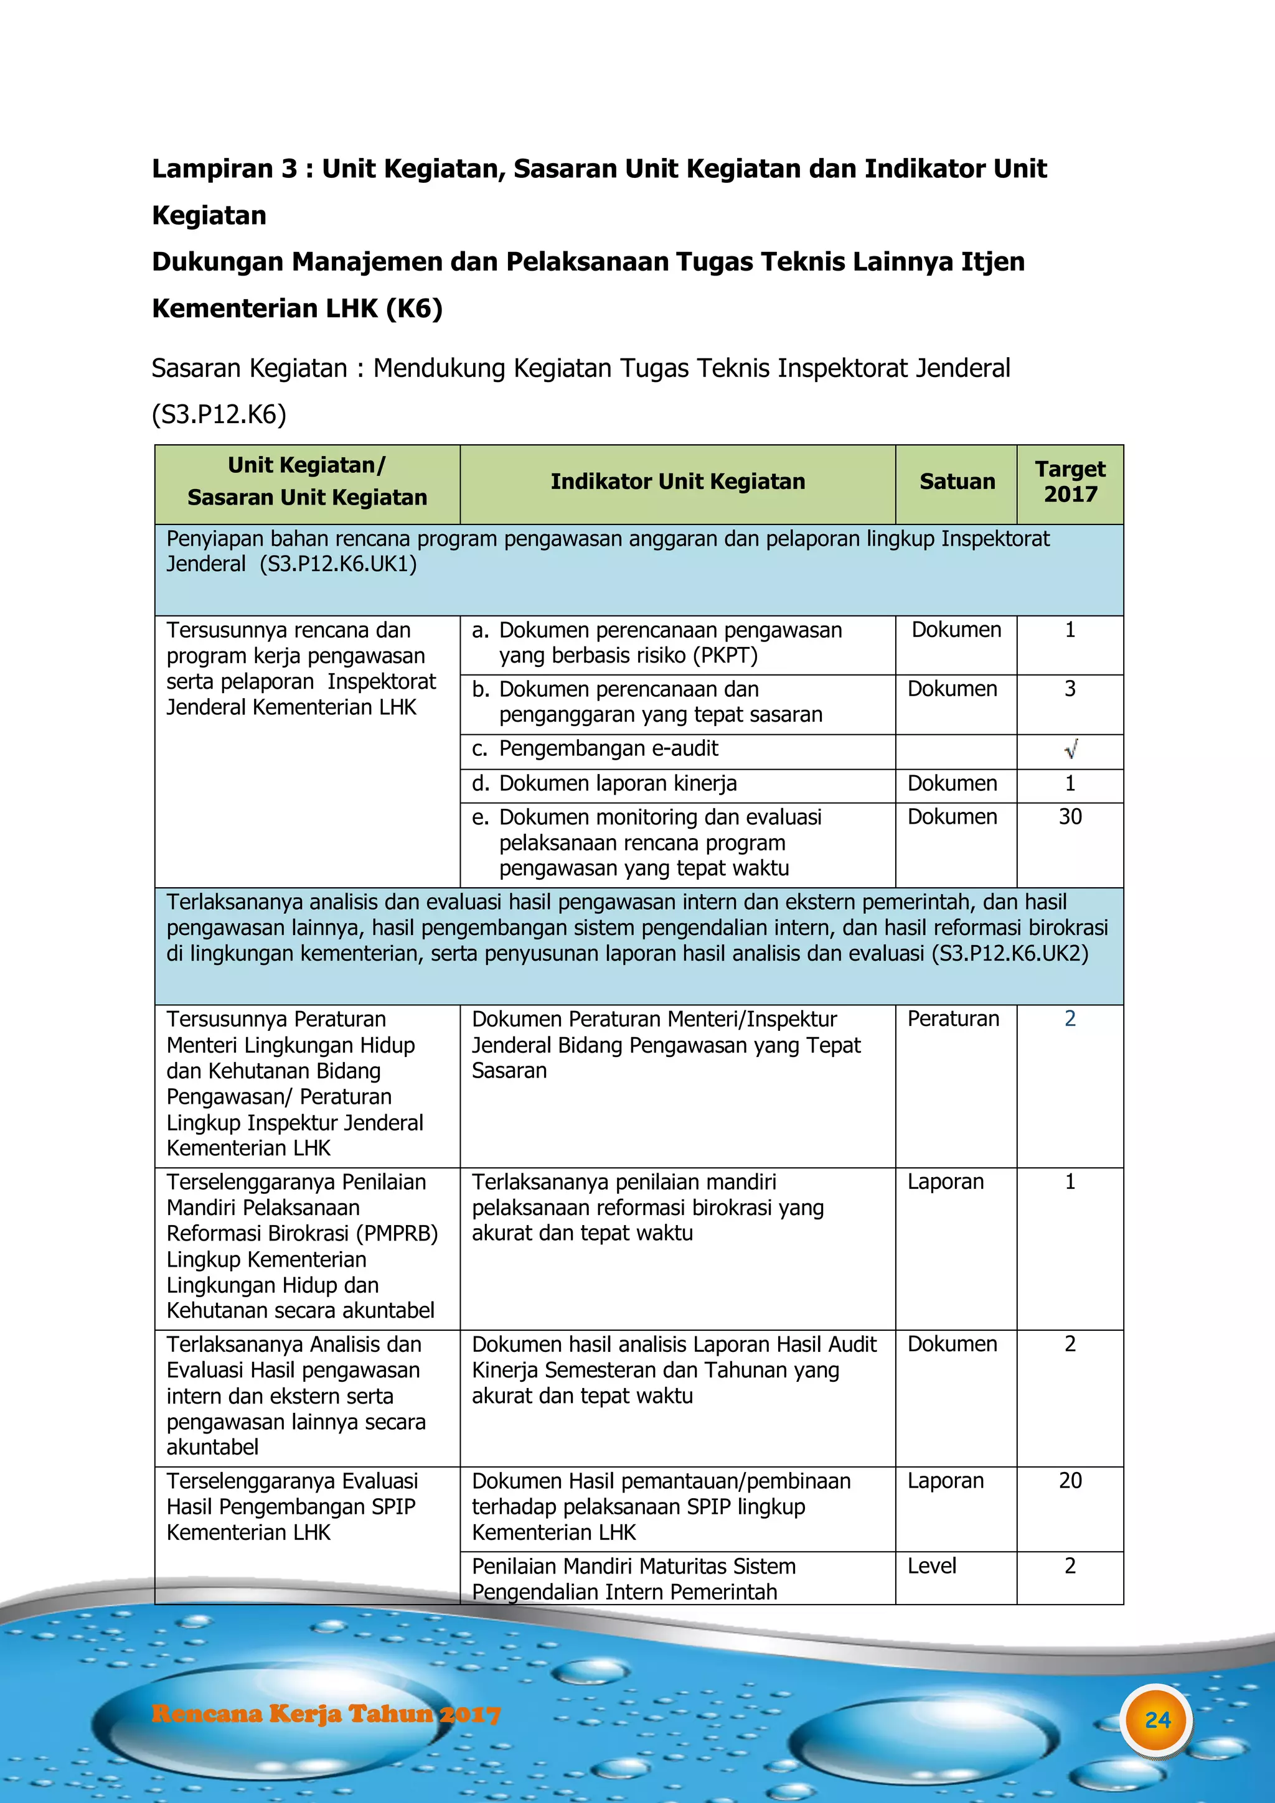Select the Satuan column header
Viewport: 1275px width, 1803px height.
[957, 482]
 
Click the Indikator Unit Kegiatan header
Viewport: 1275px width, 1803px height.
[677, 482]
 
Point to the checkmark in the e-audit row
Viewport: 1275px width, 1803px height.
[1071, 749]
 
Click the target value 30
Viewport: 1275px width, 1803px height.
[1070, 817]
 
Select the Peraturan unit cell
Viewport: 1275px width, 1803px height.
[953, 1018]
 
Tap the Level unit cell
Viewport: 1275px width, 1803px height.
[932, 1566]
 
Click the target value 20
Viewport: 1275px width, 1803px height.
[1070, 1480]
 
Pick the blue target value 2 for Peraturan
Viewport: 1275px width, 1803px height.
[1070, 1018]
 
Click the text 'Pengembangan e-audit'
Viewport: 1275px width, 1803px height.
[608, 748]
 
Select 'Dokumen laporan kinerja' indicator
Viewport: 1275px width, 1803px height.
[618, 783]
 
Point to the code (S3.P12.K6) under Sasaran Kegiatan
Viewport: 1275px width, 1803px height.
[219, 414]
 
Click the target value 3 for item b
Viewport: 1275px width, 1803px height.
[1070, 689]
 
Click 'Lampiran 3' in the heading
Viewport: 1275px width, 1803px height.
[225, 169]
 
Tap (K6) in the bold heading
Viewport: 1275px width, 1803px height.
[414, 309]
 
